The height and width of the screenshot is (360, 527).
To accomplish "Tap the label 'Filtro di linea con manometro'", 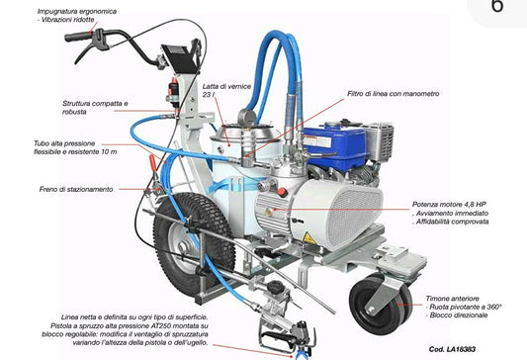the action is point(394,94).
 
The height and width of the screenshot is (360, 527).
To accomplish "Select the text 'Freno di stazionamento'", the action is point(76,189).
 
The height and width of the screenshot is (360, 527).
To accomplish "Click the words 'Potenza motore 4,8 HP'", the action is point(449,205).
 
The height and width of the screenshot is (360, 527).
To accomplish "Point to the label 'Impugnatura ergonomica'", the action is point(77,12).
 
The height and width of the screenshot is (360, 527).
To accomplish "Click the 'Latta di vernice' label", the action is point(226,86).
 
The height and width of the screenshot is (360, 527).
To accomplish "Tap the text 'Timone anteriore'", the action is point(453,299).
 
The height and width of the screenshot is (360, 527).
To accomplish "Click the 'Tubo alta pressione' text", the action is point(64,143).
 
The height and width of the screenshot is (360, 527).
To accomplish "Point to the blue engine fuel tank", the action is point(334,142).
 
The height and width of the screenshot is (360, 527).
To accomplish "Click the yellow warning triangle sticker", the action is point(309,238).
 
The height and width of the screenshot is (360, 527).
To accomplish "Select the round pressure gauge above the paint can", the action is point(247,118).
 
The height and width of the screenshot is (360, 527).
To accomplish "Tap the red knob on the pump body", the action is point(283,192).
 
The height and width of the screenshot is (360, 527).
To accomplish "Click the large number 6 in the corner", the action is point(497,6).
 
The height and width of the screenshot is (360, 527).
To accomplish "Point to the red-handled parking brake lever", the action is point(153,163).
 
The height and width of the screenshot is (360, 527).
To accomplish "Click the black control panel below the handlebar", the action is point(180,57).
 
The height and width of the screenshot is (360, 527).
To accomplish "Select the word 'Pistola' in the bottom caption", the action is point(61,326).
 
